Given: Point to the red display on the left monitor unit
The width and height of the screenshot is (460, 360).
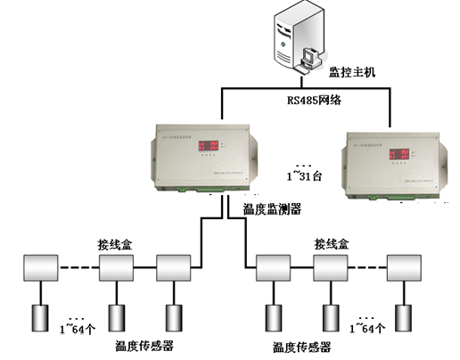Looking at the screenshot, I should pyautogui.click(x=211, y=144).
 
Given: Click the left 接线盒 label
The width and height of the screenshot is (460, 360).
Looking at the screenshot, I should pyautogui.click(x=114, y=243).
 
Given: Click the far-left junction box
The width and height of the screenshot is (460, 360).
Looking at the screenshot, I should pyautogui.click(x=40, y=267).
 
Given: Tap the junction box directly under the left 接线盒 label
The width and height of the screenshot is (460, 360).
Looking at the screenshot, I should pyautogui.click(x=115, y=267).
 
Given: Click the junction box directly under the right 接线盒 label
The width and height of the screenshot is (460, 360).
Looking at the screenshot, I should pyautogui.click(x=331, y=267).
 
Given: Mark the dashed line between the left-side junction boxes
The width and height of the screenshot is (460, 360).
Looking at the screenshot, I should pyautogui.click(x=78, y=266).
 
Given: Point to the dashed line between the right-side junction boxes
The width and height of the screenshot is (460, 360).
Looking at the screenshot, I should pyautogui.click(x=367, y=266).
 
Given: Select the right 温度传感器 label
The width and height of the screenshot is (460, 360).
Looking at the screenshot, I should pyautogui.click(x=300, y=347).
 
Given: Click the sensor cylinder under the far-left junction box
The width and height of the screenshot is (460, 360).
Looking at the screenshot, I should pyautogui.click(x=41, y=317).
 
